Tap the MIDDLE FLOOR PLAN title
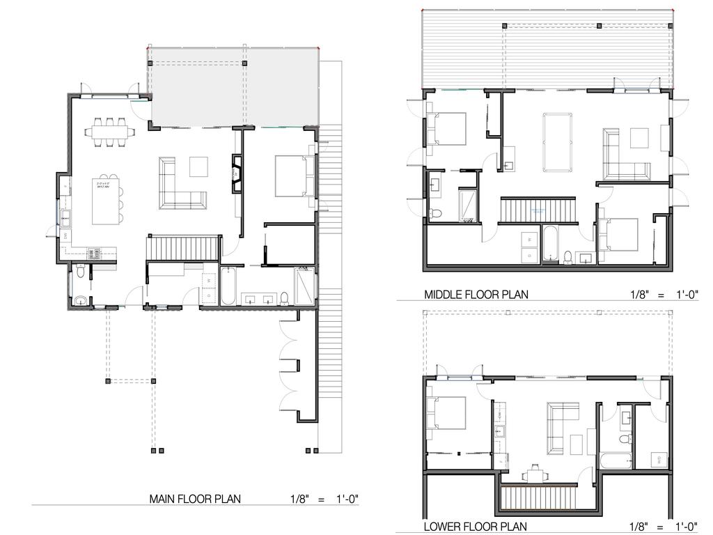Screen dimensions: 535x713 [476, 295]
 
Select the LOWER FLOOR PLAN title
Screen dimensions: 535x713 [475, 527]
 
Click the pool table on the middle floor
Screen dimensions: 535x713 [558, 142]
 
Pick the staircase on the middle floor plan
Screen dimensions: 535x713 [539, 210]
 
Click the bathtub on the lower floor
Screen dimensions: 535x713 [616, 460]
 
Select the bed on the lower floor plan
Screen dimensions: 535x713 [447, 412]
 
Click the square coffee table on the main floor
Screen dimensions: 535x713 [198, 166]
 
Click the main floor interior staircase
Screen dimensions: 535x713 [184, 247]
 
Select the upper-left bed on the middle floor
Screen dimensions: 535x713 [448, 129]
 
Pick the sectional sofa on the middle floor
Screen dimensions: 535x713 [622, 157]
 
